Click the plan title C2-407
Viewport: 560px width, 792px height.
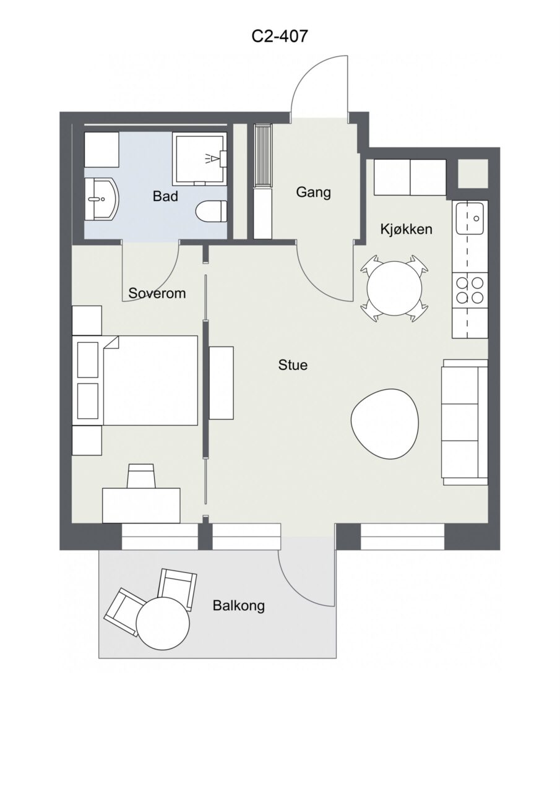279,36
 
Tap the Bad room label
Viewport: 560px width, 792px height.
165,196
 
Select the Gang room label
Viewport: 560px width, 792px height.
314,192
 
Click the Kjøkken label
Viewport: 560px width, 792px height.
406,230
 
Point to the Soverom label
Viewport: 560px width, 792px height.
157,293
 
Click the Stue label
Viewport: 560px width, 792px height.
293,365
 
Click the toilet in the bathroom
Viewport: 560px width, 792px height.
211,212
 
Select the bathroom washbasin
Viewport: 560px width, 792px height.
102,199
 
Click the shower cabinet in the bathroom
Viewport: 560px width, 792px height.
200,159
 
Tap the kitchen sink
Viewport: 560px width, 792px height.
470,218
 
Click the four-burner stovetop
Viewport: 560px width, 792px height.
470,290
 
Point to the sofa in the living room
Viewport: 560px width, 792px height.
465,422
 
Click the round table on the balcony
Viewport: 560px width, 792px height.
163,622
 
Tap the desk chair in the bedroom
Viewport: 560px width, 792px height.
141,476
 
